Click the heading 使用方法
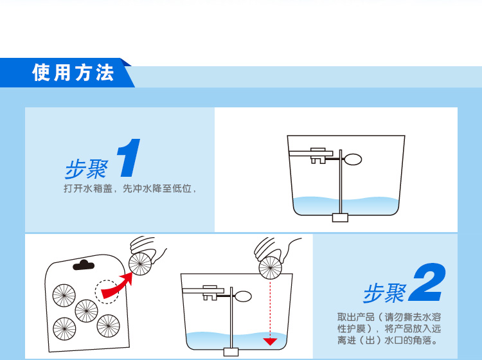tap(73, 73)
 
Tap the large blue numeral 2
tap(427, 282)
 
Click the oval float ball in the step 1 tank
tap(353, 159)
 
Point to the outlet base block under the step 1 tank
tap(340, 217)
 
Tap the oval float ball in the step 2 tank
tap(243, 296)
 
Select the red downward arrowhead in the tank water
tap(270, 341)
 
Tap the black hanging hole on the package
tap(84, 264)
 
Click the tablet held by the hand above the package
tap(140, 264)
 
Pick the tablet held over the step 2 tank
tap(271, 268)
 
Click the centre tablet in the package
tap(86, 310)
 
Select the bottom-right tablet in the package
tap(108, 325)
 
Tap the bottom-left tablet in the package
tap(64, 328)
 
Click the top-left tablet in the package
tap(64, 296)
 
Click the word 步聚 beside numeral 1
tap(86, 169)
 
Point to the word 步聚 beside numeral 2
tap(384, 293)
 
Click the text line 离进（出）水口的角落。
tap(388, 340)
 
